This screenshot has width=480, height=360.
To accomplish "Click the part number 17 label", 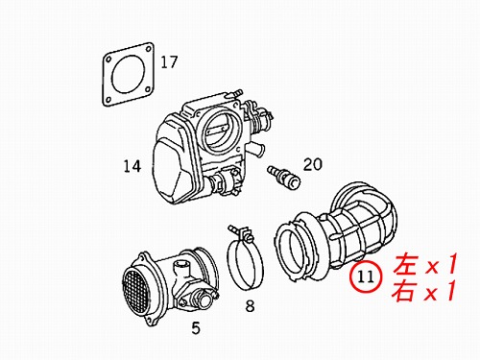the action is click(x=169, y=62).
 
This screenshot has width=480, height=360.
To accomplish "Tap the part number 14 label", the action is click(x=132, y=166).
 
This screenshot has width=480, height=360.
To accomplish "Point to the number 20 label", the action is click(x=313, y=164).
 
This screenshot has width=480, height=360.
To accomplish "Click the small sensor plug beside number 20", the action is click(x=283, y=177).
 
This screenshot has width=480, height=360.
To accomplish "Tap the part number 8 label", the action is click(x=250, y=306).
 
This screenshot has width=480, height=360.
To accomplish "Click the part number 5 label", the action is click(x=196, y=327).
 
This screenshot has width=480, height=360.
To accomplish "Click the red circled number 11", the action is click(x=366, y=276).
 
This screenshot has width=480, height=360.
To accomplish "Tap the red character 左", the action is click(x=406, y=264).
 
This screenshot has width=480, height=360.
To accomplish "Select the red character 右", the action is click(x=405, y=290).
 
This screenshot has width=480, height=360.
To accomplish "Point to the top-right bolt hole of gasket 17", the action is click(x=148, y=49).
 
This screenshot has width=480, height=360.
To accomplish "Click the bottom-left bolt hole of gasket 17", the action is click(x=108, y=100).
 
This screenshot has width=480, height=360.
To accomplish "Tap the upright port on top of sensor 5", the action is click(x=181, y=268).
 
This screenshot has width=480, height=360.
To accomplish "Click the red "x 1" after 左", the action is click(x=441, y=264).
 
